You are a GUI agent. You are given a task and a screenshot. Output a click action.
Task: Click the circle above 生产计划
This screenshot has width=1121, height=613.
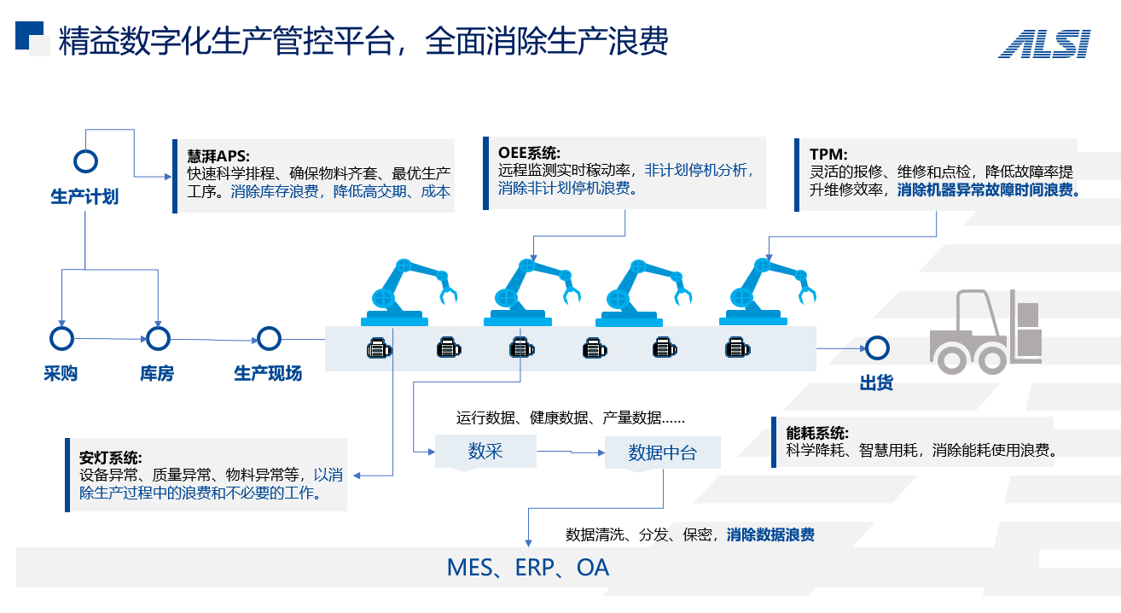coord(85,161)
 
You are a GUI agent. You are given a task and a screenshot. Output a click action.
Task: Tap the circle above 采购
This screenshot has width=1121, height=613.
coord(61,338)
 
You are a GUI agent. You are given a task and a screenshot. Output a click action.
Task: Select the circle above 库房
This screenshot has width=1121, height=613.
coord(158,338)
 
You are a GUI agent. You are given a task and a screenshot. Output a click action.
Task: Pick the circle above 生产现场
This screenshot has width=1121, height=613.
coord(269,338)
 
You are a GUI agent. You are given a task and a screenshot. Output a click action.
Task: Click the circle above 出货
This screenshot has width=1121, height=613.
coord(876,347)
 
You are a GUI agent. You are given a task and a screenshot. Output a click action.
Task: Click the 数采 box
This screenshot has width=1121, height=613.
coord(485,451)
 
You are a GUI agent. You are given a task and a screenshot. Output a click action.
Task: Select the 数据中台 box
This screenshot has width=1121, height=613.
coord(662,452)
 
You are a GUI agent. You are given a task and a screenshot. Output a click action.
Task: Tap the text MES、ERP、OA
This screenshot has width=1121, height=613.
coord(528,568)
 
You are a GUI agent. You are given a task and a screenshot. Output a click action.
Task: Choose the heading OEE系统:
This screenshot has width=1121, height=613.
coord(529,153)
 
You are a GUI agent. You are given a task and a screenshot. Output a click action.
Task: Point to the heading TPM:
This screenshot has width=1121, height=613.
coord(828,155)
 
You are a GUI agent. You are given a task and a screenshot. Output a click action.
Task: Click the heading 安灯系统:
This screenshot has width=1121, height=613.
coord(111,457)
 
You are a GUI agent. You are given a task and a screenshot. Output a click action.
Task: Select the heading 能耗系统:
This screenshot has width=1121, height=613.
coord(817,433)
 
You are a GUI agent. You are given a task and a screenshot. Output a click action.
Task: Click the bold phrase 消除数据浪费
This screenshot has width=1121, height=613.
coord(770,535)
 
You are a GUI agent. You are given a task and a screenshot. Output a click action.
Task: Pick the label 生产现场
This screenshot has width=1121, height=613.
coord(268,374)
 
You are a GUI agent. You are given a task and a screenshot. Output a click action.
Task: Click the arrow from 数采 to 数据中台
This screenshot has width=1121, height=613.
coord(570,452)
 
